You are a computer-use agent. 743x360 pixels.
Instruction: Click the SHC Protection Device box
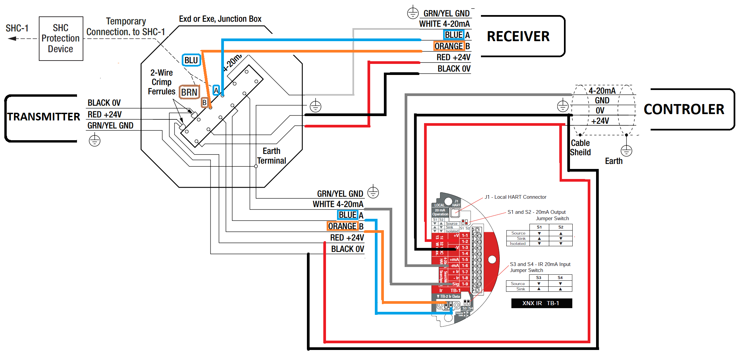click(x=61, y=38)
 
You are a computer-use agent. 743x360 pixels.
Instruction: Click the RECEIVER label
click(x=518, y=36)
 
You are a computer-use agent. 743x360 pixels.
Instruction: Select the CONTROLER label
click(x=683, y=109)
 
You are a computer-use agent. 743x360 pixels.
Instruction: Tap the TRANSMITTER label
click(x=44, y=117)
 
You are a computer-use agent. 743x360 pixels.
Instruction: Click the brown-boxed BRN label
click(x=189, y=92)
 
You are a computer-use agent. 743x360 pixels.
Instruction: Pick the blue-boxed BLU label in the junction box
click(x=191, y=60)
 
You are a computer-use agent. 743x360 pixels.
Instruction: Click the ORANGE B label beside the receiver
click(x=452, y=46)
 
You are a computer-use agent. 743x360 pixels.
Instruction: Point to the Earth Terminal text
click(x=271, y=156)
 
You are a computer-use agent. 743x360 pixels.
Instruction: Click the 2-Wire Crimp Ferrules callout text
click(x=162, y=82)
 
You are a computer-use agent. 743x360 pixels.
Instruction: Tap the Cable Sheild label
click(x=580, y=148)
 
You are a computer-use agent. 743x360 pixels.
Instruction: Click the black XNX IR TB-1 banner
click(x=541, y=303)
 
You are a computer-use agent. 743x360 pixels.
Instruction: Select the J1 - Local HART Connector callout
click(x=515, y=197)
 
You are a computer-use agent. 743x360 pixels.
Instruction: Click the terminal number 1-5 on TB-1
click(x=465, y=260)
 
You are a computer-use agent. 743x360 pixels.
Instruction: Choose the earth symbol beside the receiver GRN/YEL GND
click(x=413, y=13)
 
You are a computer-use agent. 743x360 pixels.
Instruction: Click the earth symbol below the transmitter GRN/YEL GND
click(x=95, y=141)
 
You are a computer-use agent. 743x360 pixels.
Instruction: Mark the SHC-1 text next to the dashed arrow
click(x=17, y=28)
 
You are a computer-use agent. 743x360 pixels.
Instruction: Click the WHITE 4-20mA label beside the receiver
click(x=444, y=24)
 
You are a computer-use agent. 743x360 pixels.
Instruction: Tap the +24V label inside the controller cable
click(x=600, y=121)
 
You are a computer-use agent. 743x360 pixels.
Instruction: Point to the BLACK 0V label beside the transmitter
click(x=104, y=103)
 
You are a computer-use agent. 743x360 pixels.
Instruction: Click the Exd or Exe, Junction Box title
click(x=220, y=19)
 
